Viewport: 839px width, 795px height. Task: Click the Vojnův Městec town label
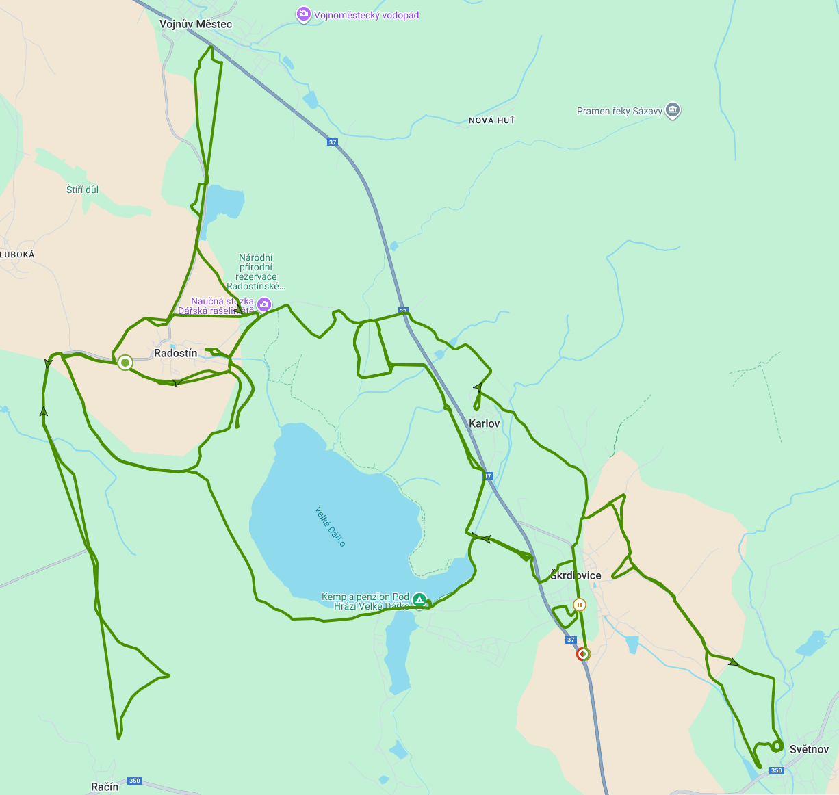pyautogui.click(x=196, y=24)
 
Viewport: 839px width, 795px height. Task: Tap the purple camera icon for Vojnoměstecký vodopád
pyautogui.click(x=303, y=14)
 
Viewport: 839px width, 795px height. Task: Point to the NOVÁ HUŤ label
pyautogui.click(x=491, y=120)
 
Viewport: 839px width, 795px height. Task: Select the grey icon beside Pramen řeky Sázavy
pyautogui.click(x=673, y=110)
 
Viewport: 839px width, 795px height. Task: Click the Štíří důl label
pyautogui.click(x=82, y=190)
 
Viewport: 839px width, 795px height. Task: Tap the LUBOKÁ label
pyautogui.click(x=17, y=255)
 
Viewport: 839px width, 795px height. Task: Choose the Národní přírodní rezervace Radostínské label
pyautogui.click(x=256, y=272)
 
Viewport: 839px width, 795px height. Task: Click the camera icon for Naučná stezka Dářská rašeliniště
pyautogui.click(x=264, y=304)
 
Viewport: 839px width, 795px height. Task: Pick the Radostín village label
pyautogui.click(x=176, y=353)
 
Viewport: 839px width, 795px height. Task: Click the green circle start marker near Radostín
pyautogui.click(x=125, y=362)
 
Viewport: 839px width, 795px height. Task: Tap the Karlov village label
pyautogui.click(x=485, y=423)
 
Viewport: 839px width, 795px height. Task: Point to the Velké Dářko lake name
pyautogui.click(x=331, y=526)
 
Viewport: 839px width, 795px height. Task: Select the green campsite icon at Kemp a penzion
pyautogui.click(x=419, y=600)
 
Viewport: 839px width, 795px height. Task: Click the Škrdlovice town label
pyautogui.click(x=576, y=575)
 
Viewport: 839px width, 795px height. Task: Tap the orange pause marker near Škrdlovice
pyautogui.click(x=580, y=605)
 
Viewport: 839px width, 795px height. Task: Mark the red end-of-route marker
pyautogui.click(x=582, y=654)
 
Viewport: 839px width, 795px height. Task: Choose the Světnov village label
pyautogui.click(x=809, y=749)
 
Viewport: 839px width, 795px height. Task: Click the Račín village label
pyautogui.click(x=105, y=787)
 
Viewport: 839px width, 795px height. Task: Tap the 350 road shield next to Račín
pyautogui.click(x=134, y=781)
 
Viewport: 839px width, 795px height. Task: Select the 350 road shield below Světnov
pyautogui.click(x=776, y=770)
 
